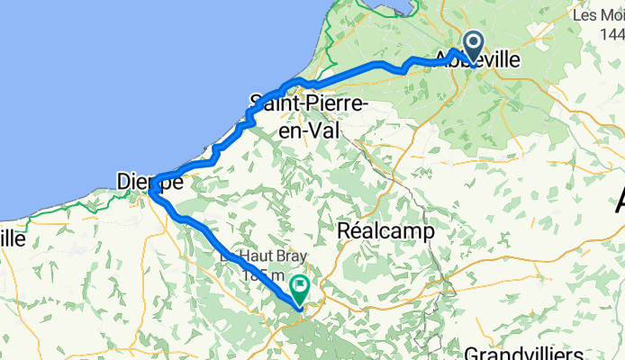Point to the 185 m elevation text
[x=262, y=275]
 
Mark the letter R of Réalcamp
[x=343, y=231]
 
